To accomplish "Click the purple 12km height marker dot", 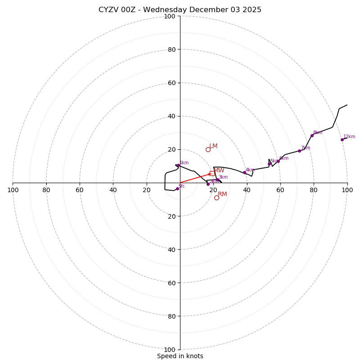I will [342, 139].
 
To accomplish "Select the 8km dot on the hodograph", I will [312, 135].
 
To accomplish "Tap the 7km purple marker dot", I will [299, 151].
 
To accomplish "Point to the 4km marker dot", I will [244, 172].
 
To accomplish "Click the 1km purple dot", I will [178, 166].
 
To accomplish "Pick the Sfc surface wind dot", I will [177, 189].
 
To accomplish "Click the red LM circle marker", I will [208, 149].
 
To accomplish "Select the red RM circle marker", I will [216, 198].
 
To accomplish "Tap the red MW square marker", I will [212, 173].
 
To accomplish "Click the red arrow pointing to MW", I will [195, 178].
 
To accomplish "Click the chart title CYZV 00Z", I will [180, 10].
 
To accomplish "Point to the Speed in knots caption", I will [180, 356].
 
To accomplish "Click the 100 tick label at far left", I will [13, 190].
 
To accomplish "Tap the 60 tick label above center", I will [172, 83].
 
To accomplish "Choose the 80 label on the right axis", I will [314, 190].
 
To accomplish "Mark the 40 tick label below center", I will [172, 249].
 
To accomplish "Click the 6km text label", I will [283, 158].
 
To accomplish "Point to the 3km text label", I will [223, 177].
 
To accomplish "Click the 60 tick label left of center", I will [80, 190].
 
